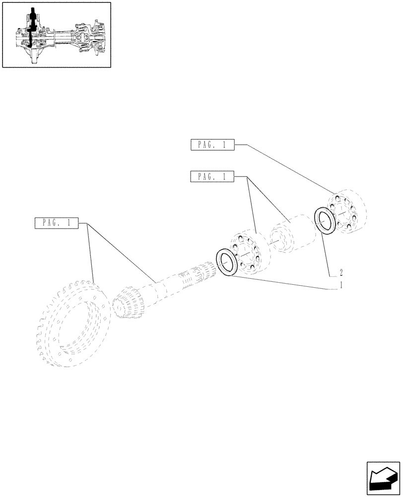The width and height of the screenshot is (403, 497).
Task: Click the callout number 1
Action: (340, 285)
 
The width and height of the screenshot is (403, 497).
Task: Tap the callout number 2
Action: (341, 272)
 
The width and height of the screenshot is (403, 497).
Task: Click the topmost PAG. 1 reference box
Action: (211, 145)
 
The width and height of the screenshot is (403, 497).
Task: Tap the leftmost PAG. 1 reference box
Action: (57, 223)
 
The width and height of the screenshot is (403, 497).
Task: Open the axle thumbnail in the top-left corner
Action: (57, 35)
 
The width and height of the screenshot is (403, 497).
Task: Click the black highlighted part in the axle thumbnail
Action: (32, 27)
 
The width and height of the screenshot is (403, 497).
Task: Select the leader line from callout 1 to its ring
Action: (283, 283)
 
